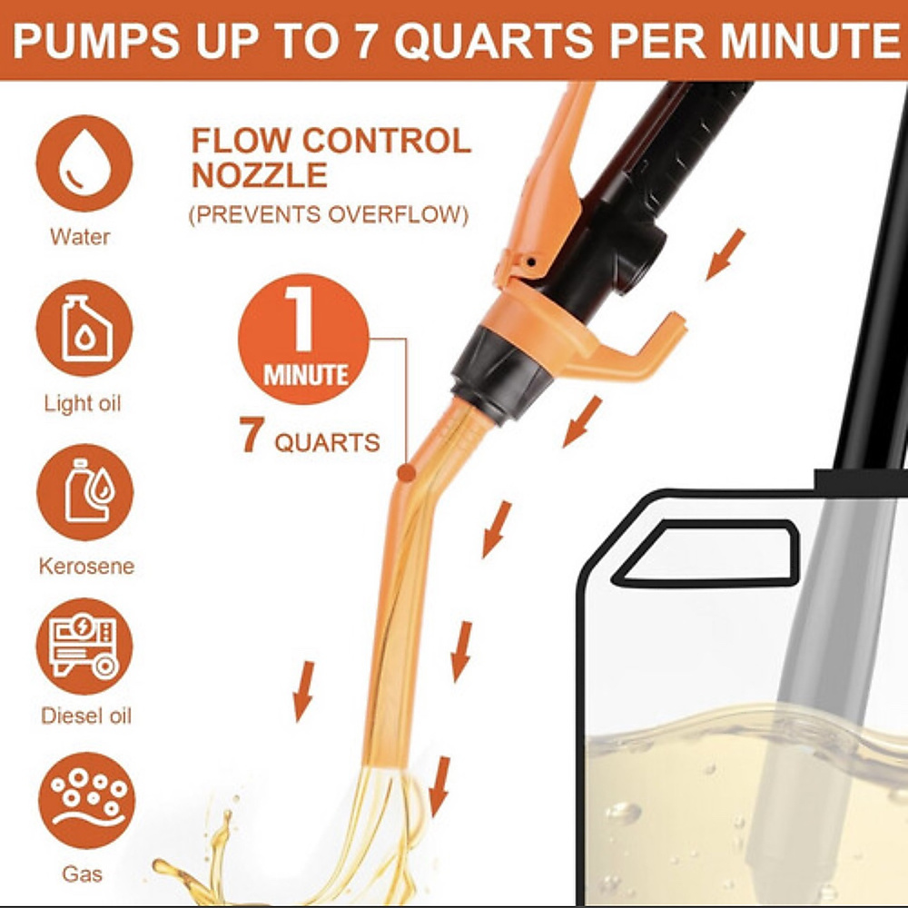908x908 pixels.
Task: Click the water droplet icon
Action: pyautogui.click(x=84, y=163)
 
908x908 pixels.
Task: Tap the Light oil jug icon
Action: pyautogui.click(x=84, y=329)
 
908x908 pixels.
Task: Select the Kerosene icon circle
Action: pyautogui.click(x=84, y=492)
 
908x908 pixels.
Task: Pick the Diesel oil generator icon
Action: pyautogui.click(x=84, y=646)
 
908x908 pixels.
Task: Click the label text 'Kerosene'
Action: pyautogui.click(x=86, y=567)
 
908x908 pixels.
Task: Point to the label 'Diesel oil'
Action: pyautogui.click(x=86, y=716)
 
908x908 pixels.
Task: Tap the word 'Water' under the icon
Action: pyautogui.click(x=80, y=237)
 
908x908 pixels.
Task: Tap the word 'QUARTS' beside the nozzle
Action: pyautogui.click(x=327, y=443)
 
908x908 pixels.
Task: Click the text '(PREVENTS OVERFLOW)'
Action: pyautogui.click(x=328, y=216)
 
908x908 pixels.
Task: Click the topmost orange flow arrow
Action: pyautogui.click(x=725, y=253)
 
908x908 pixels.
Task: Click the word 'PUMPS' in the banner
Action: pyautogui.click(x=87, y=42)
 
